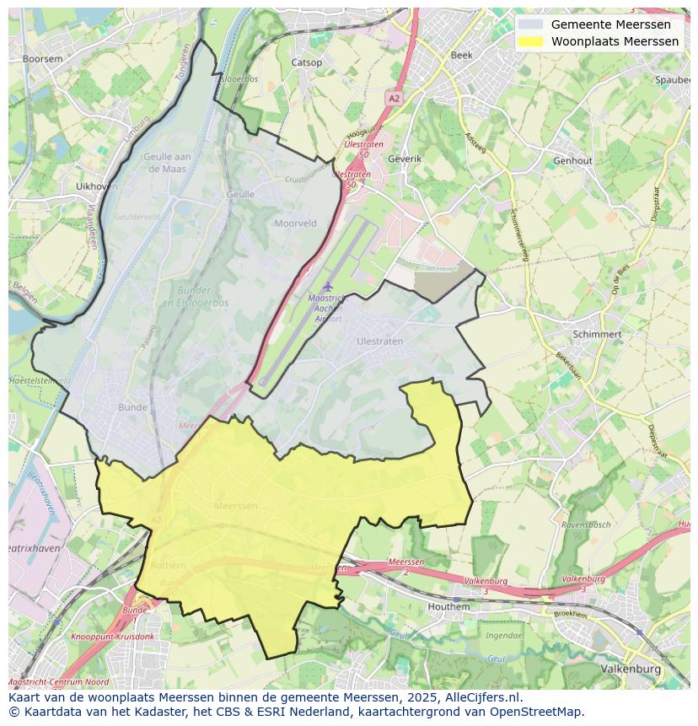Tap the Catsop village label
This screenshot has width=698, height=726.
click(x=306, y=62)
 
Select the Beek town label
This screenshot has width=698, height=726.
click(x=462, y=55)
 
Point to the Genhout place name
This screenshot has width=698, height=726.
click(x=572, y=160)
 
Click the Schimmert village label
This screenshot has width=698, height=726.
click(x=597, y=334)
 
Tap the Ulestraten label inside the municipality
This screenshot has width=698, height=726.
click(x=379, y=341)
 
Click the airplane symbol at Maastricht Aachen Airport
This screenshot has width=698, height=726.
click(x=328, y=287)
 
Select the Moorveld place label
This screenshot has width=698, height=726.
click(x=295, y=223)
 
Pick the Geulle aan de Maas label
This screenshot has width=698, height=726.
click(x=168, y=162)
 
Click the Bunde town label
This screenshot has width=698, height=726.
click(x=132, y=407)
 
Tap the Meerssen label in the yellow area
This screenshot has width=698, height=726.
click(x=236, y=505)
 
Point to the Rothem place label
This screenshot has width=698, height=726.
click(x=168, y=566)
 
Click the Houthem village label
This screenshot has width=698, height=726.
click(x=448, y=606)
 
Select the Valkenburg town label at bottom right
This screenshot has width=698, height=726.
click(x=631, y=668)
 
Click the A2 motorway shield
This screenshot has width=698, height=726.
click(x=394, y=99)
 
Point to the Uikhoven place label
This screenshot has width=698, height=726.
click(x=96, y=186)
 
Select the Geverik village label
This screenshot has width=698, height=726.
click(x=404, y=159)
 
